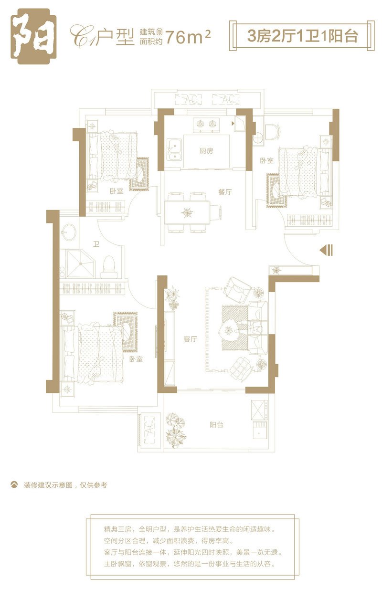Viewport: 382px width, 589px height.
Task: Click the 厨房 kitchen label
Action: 206,151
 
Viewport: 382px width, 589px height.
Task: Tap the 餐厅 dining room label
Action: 225,192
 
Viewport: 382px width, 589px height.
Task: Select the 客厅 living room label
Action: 190,339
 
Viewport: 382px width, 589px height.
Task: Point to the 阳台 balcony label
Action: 216,424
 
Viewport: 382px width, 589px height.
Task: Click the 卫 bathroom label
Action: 96,244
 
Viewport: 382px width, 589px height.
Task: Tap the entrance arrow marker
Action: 326,250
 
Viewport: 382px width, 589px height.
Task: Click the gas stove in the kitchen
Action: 206,125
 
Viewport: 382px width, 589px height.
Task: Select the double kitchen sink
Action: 174,149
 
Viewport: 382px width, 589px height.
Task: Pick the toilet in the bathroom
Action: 109,266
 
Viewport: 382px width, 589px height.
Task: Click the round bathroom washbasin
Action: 69,232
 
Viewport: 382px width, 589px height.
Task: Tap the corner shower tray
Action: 80,264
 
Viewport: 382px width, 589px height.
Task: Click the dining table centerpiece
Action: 187,212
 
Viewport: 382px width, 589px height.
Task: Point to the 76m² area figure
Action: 188,37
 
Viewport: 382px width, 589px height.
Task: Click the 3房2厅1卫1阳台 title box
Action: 302,35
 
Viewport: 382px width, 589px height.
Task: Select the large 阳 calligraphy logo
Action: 34,36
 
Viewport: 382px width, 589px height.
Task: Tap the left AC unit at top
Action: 188,99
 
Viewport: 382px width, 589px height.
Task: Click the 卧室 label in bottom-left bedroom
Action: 136,359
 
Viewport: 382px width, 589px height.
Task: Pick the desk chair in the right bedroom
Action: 273,132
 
